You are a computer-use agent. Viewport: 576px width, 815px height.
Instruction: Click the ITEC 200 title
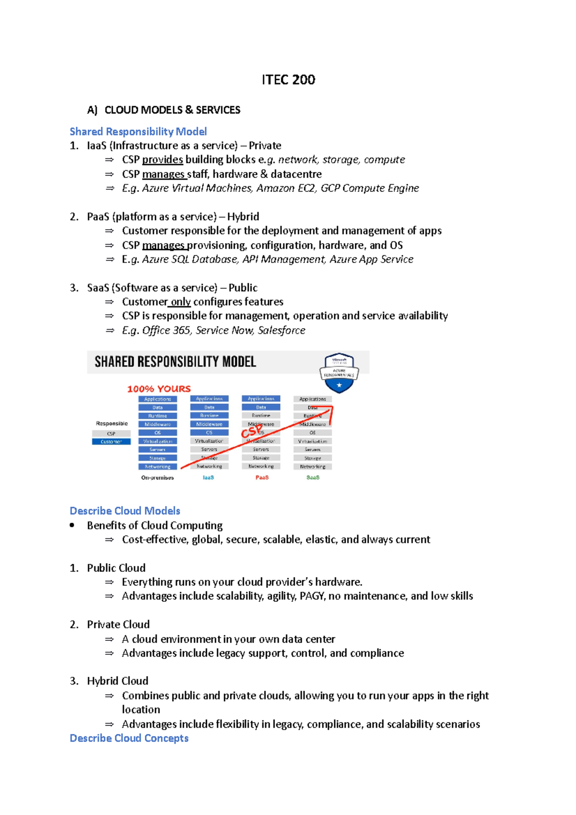click(x=288, y=80)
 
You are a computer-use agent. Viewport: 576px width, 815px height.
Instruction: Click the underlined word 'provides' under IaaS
click(x=162, y=160)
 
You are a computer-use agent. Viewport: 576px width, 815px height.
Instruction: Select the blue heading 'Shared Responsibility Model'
click(x=138, y=132)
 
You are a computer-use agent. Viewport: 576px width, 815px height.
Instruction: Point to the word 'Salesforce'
click(x=281, y=330)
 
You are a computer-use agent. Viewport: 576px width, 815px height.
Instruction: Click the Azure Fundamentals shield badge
click(x=339, y=373)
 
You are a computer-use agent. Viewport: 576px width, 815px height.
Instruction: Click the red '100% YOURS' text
click(x=159, y=389)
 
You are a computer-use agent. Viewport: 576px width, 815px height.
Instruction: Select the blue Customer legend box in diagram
click(x=111, y=442)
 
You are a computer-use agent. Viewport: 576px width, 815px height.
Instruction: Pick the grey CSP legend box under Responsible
click(x=111, y=433)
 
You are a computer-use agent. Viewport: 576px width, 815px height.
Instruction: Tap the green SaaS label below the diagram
click(x=313, y=478)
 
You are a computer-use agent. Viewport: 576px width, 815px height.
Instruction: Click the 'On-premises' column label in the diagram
click(x=157, y=478)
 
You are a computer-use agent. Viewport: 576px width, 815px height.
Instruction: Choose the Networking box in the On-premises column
click(x=157, y=467)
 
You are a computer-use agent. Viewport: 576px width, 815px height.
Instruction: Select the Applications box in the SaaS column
click(x=312, y=399)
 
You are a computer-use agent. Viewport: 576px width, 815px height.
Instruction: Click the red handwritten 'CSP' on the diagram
click(x=252, y=431)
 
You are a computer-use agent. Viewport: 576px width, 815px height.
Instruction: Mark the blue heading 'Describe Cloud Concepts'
click(x=129, y=738)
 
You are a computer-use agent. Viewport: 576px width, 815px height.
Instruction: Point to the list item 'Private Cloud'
click(x=118, y=624)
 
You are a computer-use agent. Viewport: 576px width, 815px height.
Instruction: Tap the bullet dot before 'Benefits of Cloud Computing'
click(x=72, y=525)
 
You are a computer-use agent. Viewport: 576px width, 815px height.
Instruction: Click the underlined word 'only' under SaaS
click(x=180, y=302)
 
